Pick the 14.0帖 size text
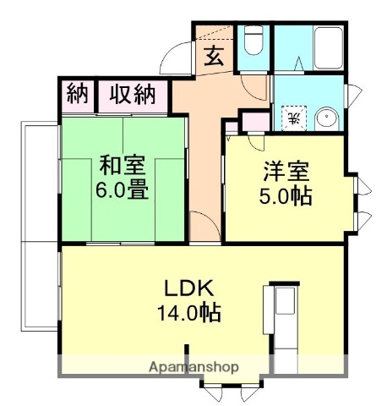(x=187, y=313)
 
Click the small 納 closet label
(x=76, y=94)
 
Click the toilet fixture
(x=253, y=42)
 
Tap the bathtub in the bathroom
(x=325, y=48)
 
